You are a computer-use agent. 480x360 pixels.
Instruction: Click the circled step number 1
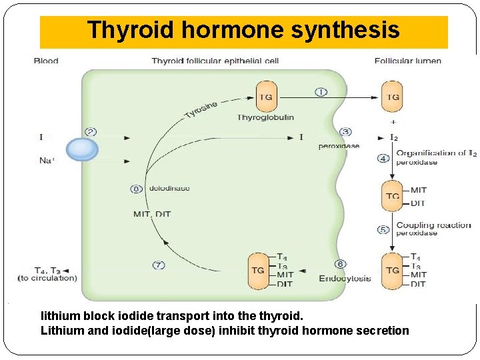[321, 91]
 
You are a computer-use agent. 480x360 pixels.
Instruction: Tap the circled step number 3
[345, 132]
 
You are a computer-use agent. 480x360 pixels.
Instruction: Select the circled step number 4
[383, 159]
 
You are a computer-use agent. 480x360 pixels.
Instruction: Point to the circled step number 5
[383, 229]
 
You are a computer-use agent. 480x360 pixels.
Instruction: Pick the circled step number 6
[341, 265]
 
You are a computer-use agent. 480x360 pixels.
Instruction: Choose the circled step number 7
[159, 265]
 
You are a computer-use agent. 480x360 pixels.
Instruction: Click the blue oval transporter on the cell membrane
[82, 149]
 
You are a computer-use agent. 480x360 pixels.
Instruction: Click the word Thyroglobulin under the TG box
[265, 117]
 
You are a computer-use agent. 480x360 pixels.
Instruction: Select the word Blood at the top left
[46, 61]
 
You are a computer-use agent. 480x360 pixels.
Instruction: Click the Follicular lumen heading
[407, 61]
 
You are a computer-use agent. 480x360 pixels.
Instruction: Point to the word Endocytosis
[345, 278]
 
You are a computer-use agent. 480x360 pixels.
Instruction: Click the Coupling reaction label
[433, 225]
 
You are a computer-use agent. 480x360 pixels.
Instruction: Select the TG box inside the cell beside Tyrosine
[265, 97]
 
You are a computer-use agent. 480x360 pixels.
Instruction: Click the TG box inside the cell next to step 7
[258, 271]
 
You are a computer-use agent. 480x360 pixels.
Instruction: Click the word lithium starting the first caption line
[59, 315]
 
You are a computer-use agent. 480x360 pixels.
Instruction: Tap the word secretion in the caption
[383, 331]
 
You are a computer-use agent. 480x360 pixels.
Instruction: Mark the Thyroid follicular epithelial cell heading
[215, 61]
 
